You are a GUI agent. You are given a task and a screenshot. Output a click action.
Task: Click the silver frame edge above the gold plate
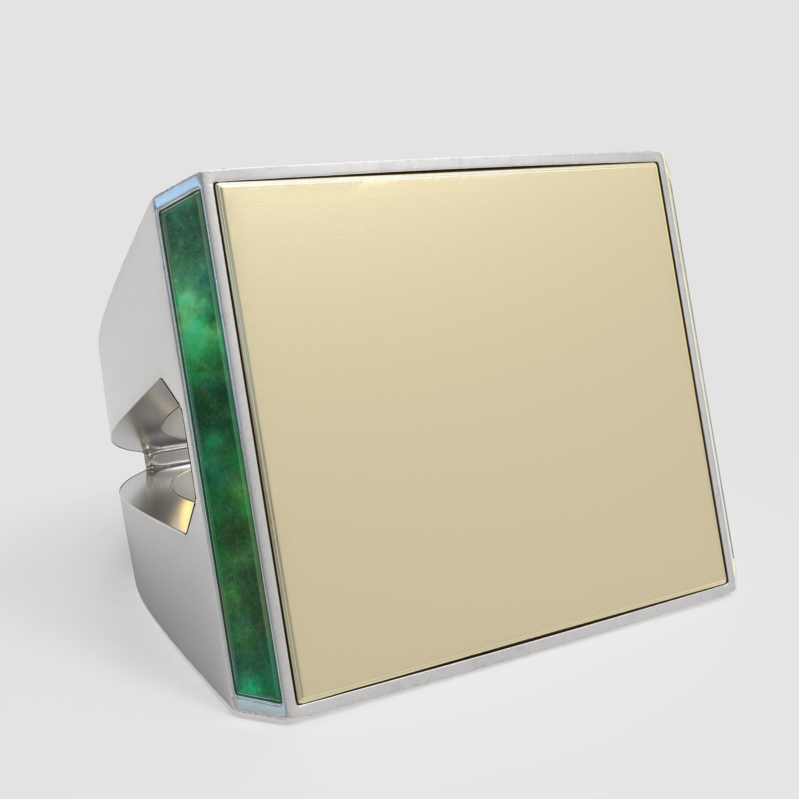point(434,168)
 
